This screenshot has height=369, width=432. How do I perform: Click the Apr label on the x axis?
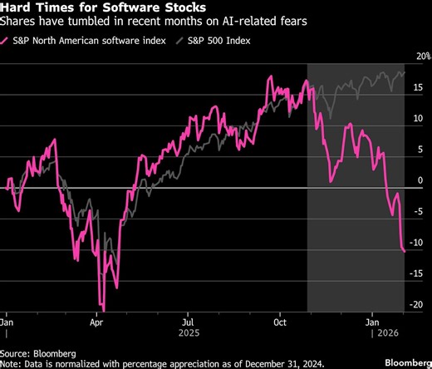tap(97, 319)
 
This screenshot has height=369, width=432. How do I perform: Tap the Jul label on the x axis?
tap(189, 319)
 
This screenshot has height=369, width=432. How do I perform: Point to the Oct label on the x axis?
tap(280, 319)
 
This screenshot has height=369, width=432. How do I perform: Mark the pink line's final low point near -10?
tap(405, 250)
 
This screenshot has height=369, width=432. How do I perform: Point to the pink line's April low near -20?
tap(101, 307)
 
